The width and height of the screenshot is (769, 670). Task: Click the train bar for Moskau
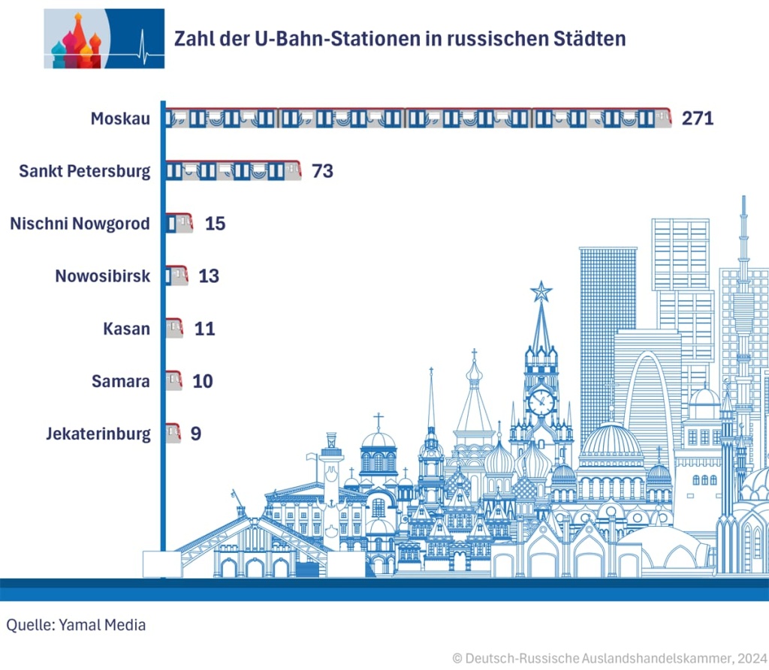(418, 119)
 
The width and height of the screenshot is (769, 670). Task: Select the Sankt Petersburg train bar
(233, 170)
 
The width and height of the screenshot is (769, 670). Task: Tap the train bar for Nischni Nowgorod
(179, 224)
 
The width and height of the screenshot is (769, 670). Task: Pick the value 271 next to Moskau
(697, 119)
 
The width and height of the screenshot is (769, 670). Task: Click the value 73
(322, 171)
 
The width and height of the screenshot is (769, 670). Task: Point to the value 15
(215, 224)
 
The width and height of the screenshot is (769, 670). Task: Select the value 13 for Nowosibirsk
(209, 276)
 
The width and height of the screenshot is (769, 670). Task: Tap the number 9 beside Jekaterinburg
(196, 434)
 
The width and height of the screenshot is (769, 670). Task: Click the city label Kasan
(126, 329)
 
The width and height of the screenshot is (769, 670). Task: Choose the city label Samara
(121, 381)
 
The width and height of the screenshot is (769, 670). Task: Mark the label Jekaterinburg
(98, 434)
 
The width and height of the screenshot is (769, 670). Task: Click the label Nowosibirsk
(103, 276)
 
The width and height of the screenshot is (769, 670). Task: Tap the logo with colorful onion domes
(76, 40)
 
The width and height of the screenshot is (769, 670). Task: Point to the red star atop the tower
(541, 290)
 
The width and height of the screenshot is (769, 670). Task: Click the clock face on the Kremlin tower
(541, 402)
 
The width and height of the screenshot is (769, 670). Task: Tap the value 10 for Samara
(203, 381)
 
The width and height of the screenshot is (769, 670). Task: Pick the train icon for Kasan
(173, 329)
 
